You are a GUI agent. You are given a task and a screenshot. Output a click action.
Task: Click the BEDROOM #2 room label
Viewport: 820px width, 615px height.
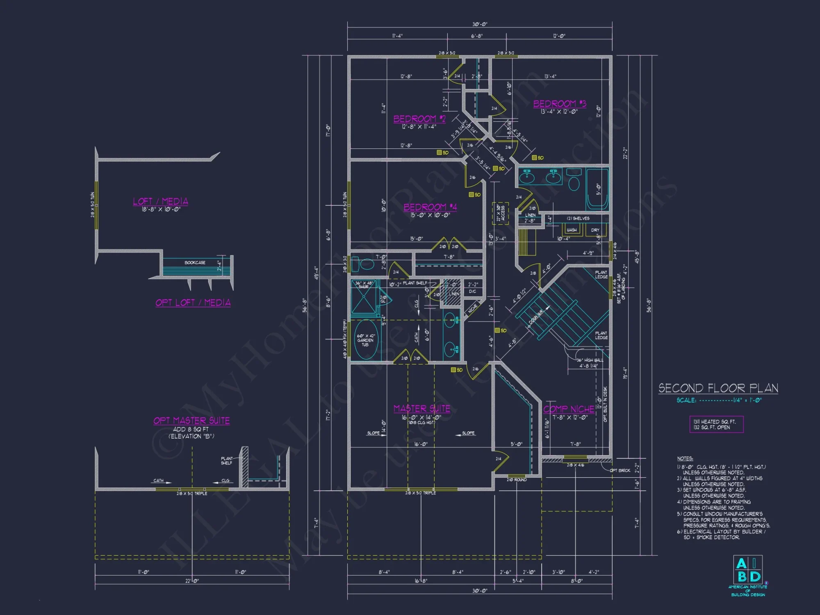[419, 119]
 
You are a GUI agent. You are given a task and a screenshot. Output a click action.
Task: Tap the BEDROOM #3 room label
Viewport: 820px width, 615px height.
[559, 104]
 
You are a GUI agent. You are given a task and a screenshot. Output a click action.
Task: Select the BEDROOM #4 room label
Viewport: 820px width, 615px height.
[430, 207]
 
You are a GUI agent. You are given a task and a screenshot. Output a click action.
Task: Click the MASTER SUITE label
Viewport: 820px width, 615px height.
[421, 409]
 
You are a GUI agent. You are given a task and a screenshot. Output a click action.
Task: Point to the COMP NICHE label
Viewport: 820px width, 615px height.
[569, 409]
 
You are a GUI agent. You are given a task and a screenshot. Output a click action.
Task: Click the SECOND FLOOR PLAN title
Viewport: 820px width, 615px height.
[718, 388]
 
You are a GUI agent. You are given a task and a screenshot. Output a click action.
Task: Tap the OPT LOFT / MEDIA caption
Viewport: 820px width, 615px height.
[193, 303]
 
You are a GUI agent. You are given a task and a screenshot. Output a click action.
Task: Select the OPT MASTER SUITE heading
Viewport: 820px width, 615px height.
[191, 421]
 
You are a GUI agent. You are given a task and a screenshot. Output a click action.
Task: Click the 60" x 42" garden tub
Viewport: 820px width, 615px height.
[365, 340]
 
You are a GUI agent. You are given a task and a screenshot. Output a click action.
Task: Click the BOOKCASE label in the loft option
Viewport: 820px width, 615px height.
[195, 262]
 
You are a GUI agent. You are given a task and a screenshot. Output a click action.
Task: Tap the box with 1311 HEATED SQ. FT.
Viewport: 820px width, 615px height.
[716, 424]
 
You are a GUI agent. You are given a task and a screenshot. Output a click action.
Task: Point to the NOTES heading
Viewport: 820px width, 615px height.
[685, 458]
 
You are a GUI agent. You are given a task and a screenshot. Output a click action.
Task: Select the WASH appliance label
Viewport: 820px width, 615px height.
[572, 230]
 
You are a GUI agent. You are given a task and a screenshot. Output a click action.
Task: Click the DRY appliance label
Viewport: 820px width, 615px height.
[595, 230]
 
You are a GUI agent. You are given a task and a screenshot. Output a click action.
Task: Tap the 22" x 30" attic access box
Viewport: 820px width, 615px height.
[501, 213]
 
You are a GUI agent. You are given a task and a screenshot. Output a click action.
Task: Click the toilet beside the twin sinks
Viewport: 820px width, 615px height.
[574, 180]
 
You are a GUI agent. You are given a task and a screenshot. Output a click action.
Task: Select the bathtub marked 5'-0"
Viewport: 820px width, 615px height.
[597, 189]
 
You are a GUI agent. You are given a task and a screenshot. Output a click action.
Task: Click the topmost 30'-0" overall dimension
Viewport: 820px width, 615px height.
[480, 24]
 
